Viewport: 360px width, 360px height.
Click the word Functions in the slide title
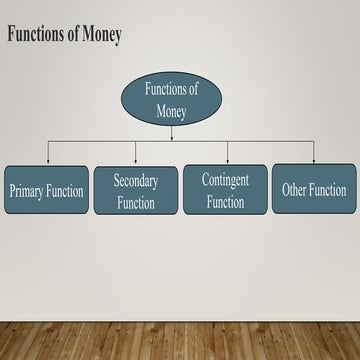tap(40, 36)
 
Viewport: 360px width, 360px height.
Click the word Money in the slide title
tap(102, 36)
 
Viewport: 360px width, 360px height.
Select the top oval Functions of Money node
tap(172, 99)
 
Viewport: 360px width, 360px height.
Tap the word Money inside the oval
tap(172, 111)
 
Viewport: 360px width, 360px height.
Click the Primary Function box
tap(46, 190)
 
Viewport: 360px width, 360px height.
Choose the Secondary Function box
tap(135, 190)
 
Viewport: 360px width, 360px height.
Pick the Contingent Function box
tap(225, 189)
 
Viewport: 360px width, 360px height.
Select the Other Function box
tap(314, 189)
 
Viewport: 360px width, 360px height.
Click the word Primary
tap(27, 190)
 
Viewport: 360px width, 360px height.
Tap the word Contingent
tap(225, 180)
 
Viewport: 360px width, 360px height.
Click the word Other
tap(295, 189)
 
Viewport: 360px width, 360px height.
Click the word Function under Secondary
tap(136, 203)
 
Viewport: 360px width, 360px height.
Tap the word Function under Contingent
tap(225, 202)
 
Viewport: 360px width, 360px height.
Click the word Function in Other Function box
tap(328, 189)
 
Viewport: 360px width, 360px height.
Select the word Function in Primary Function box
tap(65, 190)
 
